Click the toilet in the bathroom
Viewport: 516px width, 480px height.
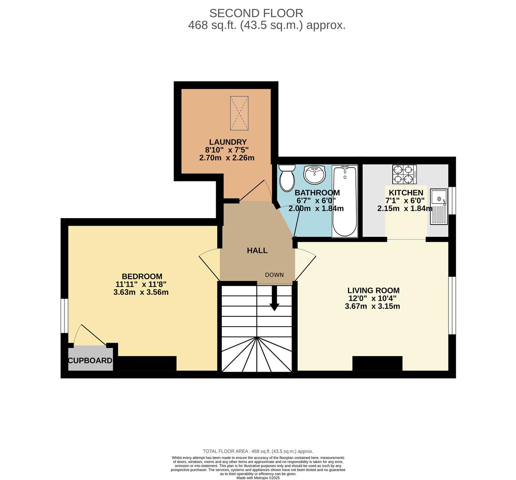pos(287,178)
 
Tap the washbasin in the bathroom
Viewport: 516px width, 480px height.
pos(315,174)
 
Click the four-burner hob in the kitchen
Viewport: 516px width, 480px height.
pos(404,174)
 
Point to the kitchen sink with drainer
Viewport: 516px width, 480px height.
pos(439,207)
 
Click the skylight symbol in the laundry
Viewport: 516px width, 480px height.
pos(239,113)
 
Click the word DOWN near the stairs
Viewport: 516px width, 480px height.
pos(274,275)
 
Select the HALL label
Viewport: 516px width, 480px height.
pos(257,251)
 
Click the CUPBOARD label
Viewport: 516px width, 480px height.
pos(90,360)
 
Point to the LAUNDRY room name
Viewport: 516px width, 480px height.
pos(228,142)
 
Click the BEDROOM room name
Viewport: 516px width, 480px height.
pos(142,276)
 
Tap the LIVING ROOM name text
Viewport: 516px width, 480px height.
pos(373,291)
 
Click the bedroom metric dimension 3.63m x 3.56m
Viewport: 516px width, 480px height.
pos(141,292)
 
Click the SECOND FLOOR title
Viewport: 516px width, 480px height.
pos(256,13)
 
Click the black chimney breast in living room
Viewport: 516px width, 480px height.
pos(377,363)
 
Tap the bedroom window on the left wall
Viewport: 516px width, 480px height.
pos(65,316)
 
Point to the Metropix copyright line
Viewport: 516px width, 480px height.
pos(258,478)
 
